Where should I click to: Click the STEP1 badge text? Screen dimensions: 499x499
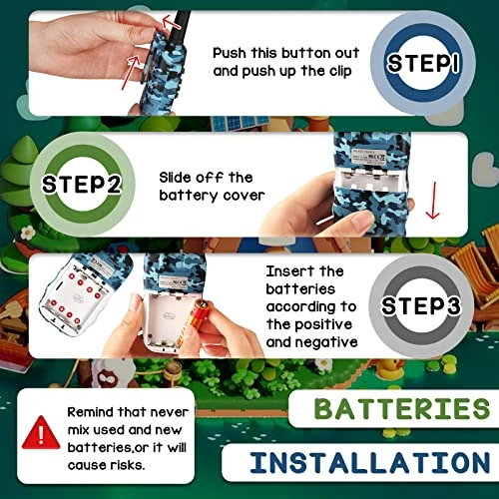[x=423, y=63]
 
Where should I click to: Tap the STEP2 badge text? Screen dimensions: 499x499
[x=82, y=184]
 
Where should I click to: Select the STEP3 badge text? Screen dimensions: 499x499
[x=421, y=305]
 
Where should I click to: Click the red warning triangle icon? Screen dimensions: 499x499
[x=41, y=433]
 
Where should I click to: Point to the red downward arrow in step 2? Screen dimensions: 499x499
[x=433, y=201]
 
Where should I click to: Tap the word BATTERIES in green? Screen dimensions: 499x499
[x=402, y=408]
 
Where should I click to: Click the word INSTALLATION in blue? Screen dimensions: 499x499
[x=370, y=462]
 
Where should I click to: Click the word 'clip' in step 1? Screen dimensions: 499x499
[x=340, y=71]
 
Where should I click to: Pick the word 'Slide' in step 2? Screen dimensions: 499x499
[x=175, y=178]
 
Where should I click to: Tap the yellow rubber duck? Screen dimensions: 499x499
[x=392, y=368]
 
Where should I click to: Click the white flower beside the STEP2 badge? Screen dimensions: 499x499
[x=28, y=233]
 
